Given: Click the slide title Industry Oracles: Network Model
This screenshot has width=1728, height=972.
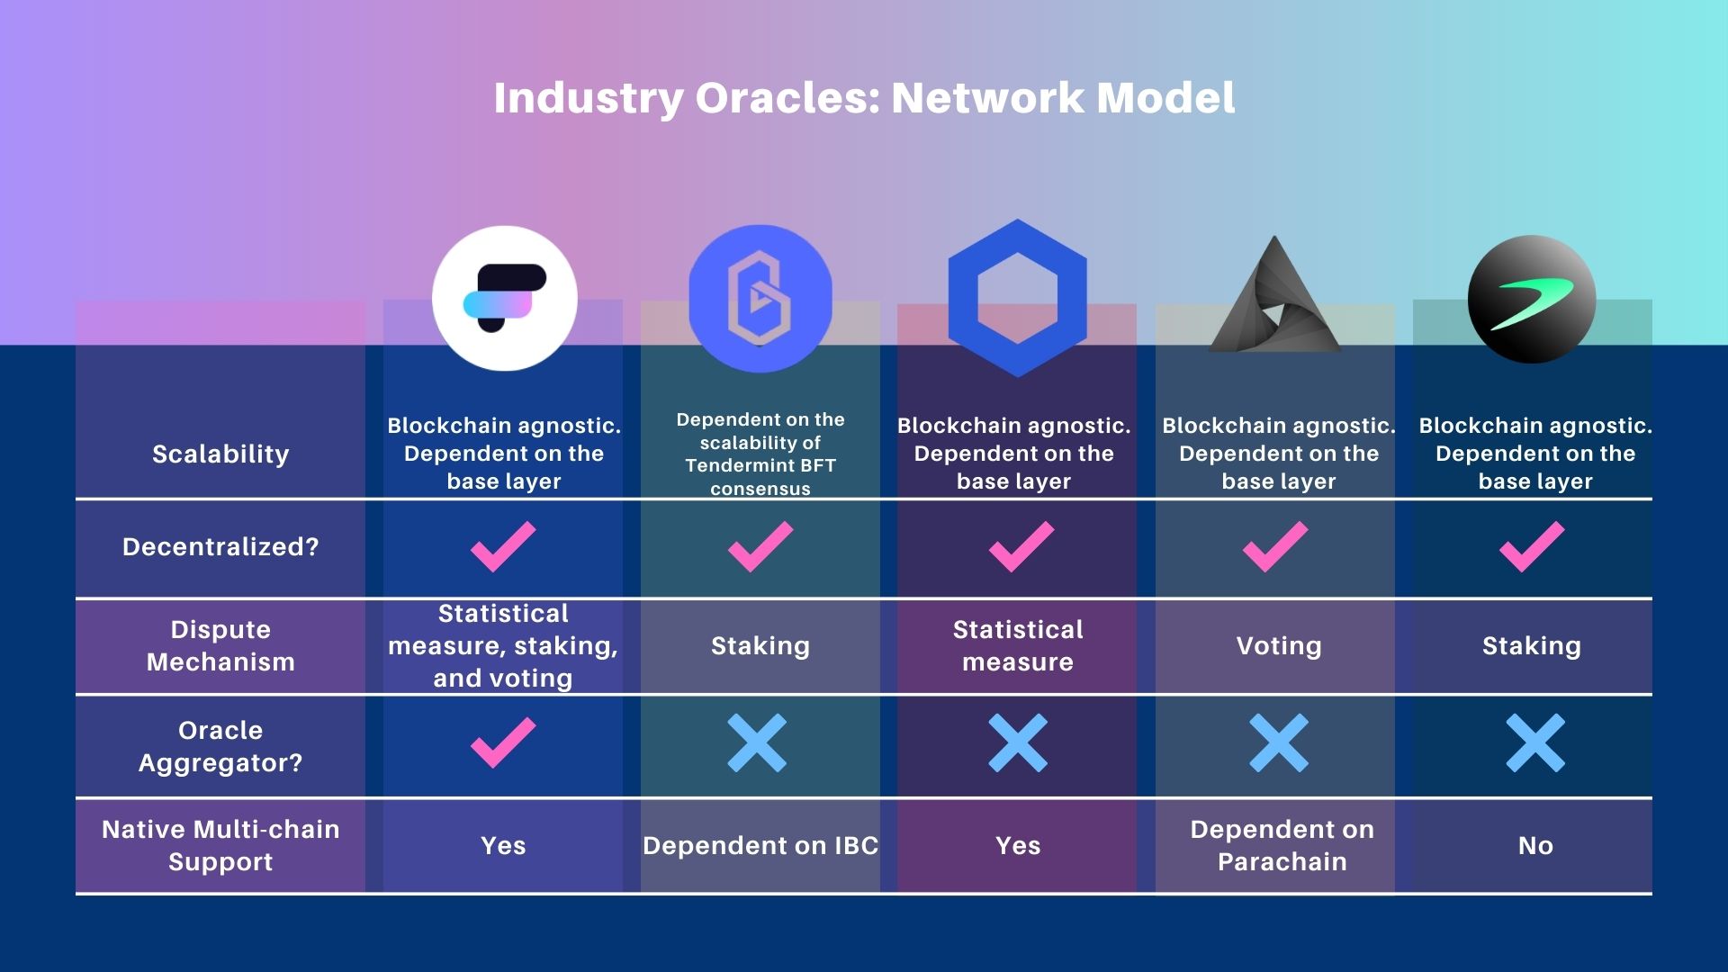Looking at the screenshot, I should (x=864, y=97).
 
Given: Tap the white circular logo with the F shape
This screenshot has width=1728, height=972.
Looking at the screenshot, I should (x=504, y=298).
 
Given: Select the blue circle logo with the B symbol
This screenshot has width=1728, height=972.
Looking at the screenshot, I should (x=760, y=298).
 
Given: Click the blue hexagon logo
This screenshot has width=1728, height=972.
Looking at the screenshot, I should (x=1017, y=298).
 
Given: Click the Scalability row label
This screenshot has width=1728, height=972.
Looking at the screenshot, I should (x=220, y=454).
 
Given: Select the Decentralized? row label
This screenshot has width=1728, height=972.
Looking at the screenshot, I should (x=220, y=547).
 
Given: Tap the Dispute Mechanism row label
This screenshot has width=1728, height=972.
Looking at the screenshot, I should (x=220, y=645).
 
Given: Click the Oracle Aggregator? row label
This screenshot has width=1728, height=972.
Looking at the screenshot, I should (x=220, y=746).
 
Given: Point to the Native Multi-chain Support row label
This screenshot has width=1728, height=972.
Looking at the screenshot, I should (x=220, y=845).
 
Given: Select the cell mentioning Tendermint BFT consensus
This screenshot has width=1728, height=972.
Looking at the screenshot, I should (x=760, y=454).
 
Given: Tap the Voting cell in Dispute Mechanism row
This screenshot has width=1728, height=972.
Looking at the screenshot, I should (x=1279, y=645).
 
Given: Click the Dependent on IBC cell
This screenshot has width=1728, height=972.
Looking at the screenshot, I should (x=760, y=845).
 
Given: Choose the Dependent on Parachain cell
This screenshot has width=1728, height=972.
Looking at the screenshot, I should (x=1282, y=845).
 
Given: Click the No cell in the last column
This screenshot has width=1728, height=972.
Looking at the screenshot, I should (x=1535, y=845).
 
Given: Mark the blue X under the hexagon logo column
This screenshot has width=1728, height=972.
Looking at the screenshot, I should (x=1018, y=742).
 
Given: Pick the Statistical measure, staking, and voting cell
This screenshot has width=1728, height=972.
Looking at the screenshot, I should (x=503, y=645).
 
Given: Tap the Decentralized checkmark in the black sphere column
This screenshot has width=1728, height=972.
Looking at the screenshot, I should (x=1532, y=546).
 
